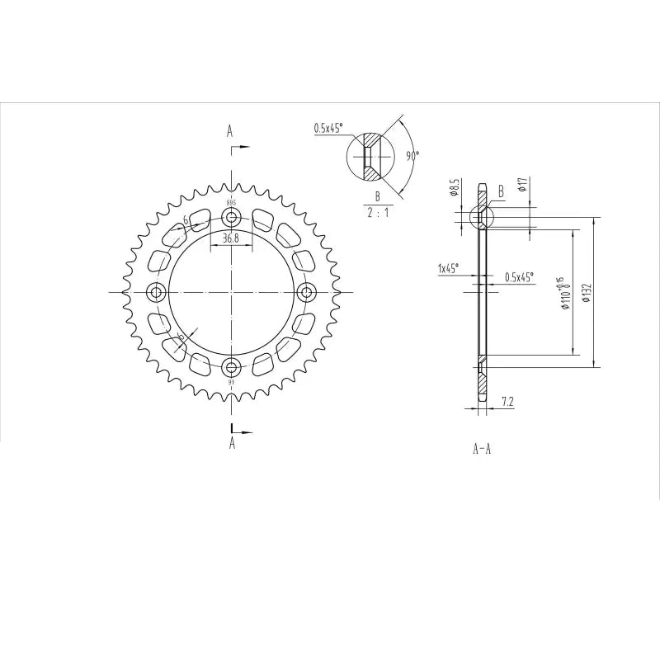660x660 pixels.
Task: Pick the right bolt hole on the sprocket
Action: (x=307, y=292)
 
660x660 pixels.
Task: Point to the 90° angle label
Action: (x=412, y=154)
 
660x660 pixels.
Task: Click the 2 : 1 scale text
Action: (x=377, y=211)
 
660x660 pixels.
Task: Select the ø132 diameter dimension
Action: (x=587, y=293)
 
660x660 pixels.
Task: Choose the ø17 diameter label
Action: (x=522, y=184)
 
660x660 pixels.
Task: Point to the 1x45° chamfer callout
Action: (x=448, y=268)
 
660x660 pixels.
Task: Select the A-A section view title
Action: (x=483, y=449)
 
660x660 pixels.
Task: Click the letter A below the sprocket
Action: (x=232, y=443)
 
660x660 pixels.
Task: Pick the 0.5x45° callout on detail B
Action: (x=328, y=128)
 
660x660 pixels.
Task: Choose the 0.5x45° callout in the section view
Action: (x=519, y=277)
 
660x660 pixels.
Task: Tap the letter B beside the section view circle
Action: (x=501, y=189)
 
